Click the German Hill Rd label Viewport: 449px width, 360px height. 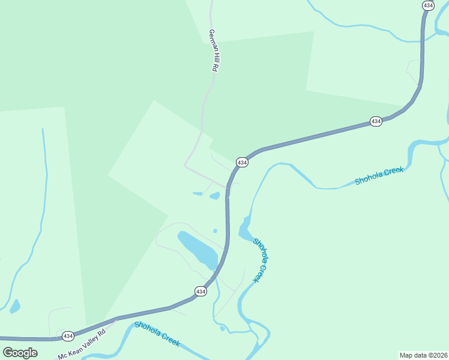click(213, 51)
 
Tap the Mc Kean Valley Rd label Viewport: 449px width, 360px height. click(82, 344)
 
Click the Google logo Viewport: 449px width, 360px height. click(20, 352)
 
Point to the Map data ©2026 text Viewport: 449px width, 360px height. click(423, 355)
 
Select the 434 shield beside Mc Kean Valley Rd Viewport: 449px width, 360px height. click(68, 336)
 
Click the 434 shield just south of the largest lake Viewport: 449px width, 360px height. click(200, 291)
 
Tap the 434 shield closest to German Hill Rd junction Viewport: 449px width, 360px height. click(242, 163)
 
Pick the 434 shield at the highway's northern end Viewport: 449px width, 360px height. click(427, 5)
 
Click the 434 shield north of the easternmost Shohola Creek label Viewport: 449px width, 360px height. click(376, 121)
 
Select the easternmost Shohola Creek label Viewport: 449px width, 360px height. click(379, 176)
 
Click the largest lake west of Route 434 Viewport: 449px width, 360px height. click(197, 250)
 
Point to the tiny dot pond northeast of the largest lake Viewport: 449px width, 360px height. click(215, 230)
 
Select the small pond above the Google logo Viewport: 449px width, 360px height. click(14, 306)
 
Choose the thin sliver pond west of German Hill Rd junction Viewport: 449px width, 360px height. click(197, 193)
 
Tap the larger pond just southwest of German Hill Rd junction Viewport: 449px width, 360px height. click(214, 196)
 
